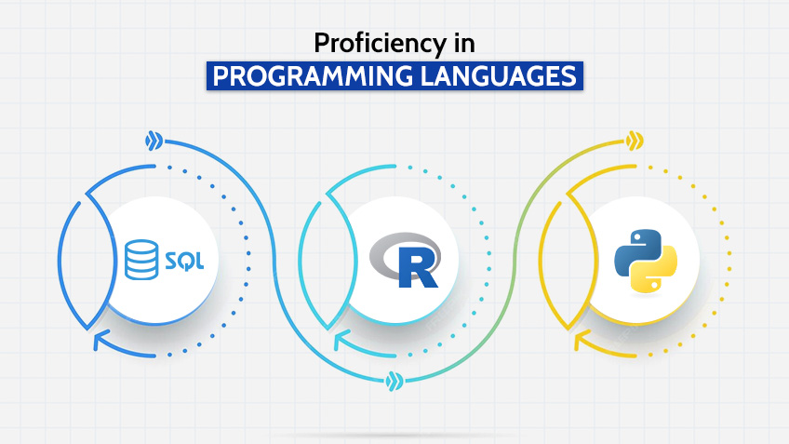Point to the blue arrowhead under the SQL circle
(100, 343)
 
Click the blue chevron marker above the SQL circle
(154, 141)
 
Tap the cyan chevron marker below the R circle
(394, 380)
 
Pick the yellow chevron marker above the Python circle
(635, 141)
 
